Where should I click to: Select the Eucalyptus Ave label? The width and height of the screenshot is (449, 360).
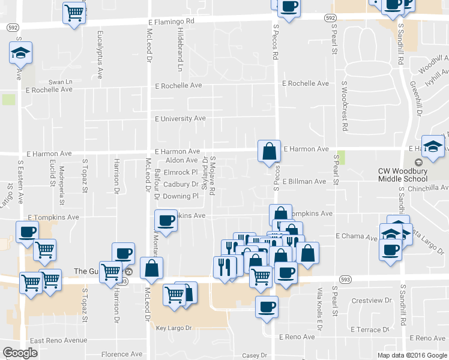[x=99, y=55]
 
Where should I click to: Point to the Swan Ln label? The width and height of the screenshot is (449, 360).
[x=60, y=82]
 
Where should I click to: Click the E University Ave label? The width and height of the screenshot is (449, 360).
[x=180, y=119]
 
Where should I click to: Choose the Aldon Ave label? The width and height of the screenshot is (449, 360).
[x=181, y=160]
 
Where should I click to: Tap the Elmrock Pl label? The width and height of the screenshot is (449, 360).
[x=181, y=172]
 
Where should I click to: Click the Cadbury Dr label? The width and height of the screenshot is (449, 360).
[x=180, y=184]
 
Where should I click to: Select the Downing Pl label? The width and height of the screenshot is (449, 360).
[x=180, y=196]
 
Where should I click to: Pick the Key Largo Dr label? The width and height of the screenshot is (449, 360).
[x=173, y=328]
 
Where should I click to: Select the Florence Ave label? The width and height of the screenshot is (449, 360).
[x=122, y=354]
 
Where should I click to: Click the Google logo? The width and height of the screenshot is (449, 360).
[x=20, y=353]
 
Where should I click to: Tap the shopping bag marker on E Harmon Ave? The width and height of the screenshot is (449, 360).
[x=270, y=151]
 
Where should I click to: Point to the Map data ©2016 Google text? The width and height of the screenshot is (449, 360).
[x=411, y=355]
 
